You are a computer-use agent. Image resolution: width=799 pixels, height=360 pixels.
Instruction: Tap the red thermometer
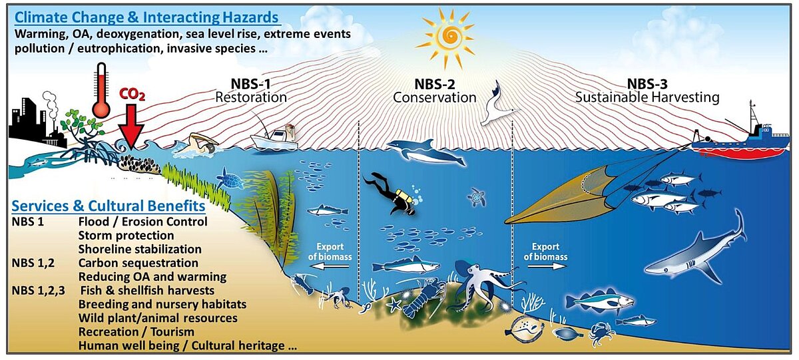[101, 90]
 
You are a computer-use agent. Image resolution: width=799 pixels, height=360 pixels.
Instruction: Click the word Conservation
[434, 97]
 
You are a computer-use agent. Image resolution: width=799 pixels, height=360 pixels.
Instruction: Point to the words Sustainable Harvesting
[647, 97]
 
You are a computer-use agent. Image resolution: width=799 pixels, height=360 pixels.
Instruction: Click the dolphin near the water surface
[426, 152]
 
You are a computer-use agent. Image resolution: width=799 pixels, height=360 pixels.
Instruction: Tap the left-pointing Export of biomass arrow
[333, 266]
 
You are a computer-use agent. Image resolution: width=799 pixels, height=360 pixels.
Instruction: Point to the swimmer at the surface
[200, 143]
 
